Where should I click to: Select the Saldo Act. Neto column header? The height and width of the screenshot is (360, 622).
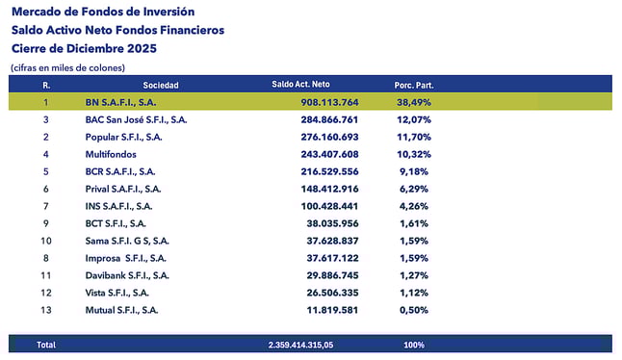(x=307, y=85)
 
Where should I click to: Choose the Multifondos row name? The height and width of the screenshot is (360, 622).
(x=112, y=154)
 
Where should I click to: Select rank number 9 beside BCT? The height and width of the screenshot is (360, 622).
(x=45, y=223)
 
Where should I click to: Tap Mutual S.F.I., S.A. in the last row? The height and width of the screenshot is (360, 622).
(x=122, y=310)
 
